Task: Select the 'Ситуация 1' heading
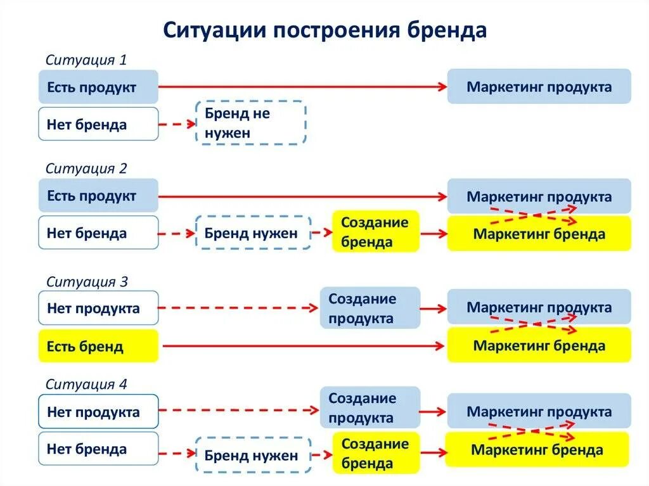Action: coord(86,60)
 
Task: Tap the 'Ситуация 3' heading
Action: coord(86,282)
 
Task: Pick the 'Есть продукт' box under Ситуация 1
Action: coord(98,87)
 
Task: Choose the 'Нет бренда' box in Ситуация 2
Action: coord(98,233)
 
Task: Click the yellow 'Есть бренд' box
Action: coord(98,346)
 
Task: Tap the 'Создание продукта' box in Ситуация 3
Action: coord(369,308)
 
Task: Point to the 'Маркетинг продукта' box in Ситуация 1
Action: coord(539,87)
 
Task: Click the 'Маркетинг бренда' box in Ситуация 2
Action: coord(539,234)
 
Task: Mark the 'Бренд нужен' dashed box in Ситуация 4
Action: coord(252,454)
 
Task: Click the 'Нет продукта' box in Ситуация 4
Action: coord(98,412)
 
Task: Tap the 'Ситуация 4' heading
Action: coord(86,384)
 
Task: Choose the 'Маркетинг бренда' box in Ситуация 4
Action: coord(537,450)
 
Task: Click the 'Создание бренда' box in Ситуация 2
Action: coord(375,232)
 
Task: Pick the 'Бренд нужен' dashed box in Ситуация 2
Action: coord(252,233)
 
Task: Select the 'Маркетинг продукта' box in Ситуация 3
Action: coord(539,307)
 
